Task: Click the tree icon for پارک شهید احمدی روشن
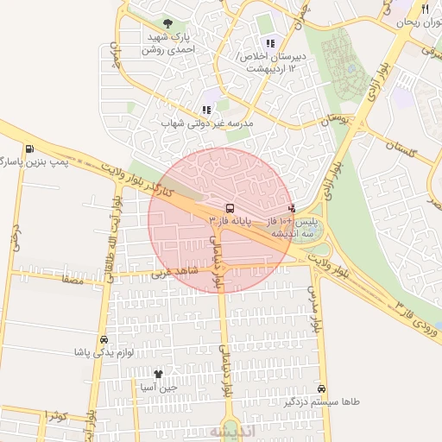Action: [x=167, y=23]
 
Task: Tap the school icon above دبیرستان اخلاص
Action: [x=270, y=43]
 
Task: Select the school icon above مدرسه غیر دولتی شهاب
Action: [x=205, y=110]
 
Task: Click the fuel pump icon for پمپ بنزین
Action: [x=31, y=148]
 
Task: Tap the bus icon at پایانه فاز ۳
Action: [x=229, y=208]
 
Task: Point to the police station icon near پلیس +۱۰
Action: [x=292, y=208]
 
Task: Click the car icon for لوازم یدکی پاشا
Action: [x=104, y=339]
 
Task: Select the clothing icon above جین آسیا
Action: [x=158, y=374]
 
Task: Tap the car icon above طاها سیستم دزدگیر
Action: [x=322, y=389]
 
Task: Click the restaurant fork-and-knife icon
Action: [x=425, y=8]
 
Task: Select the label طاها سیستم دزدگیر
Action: [x=322, y=403]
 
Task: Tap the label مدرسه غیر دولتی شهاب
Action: [x=207, y=124]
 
